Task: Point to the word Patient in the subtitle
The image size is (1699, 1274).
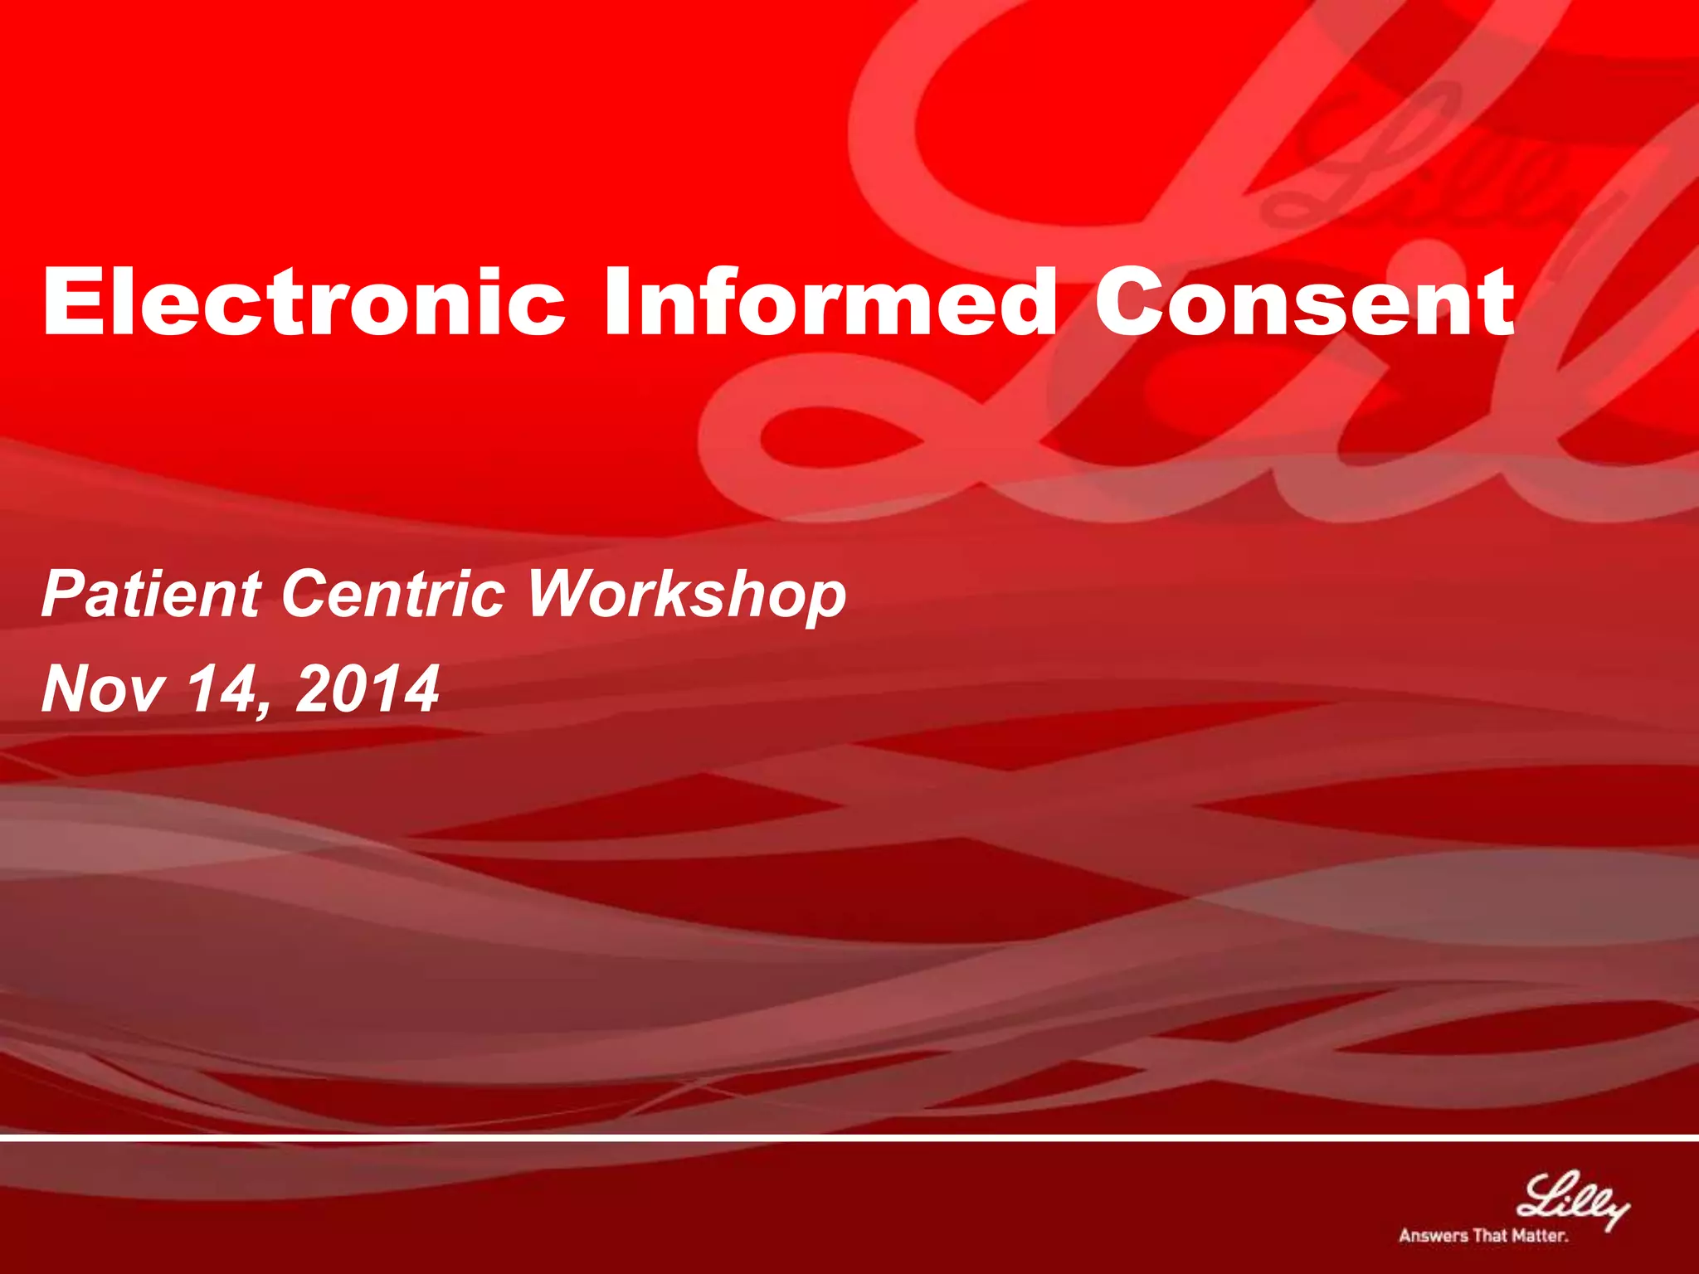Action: pyautogui.click(x=152, y=594)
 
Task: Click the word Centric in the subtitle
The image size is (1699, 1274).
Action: pyautogui.click(x=393, y=594)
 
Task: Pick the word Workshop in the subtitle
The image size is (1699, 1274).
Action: pyautogui.click(x=687, y=596)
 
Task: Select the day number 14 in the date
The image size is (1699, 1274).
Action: pyautogui.click(x=219, y=688)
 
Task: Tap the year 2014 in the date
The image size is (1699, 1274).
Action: pyautogui.click(x=367, y=688)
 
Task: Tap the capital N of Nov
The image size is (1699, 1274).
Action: pyautogui.click(x=68, y=688)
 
